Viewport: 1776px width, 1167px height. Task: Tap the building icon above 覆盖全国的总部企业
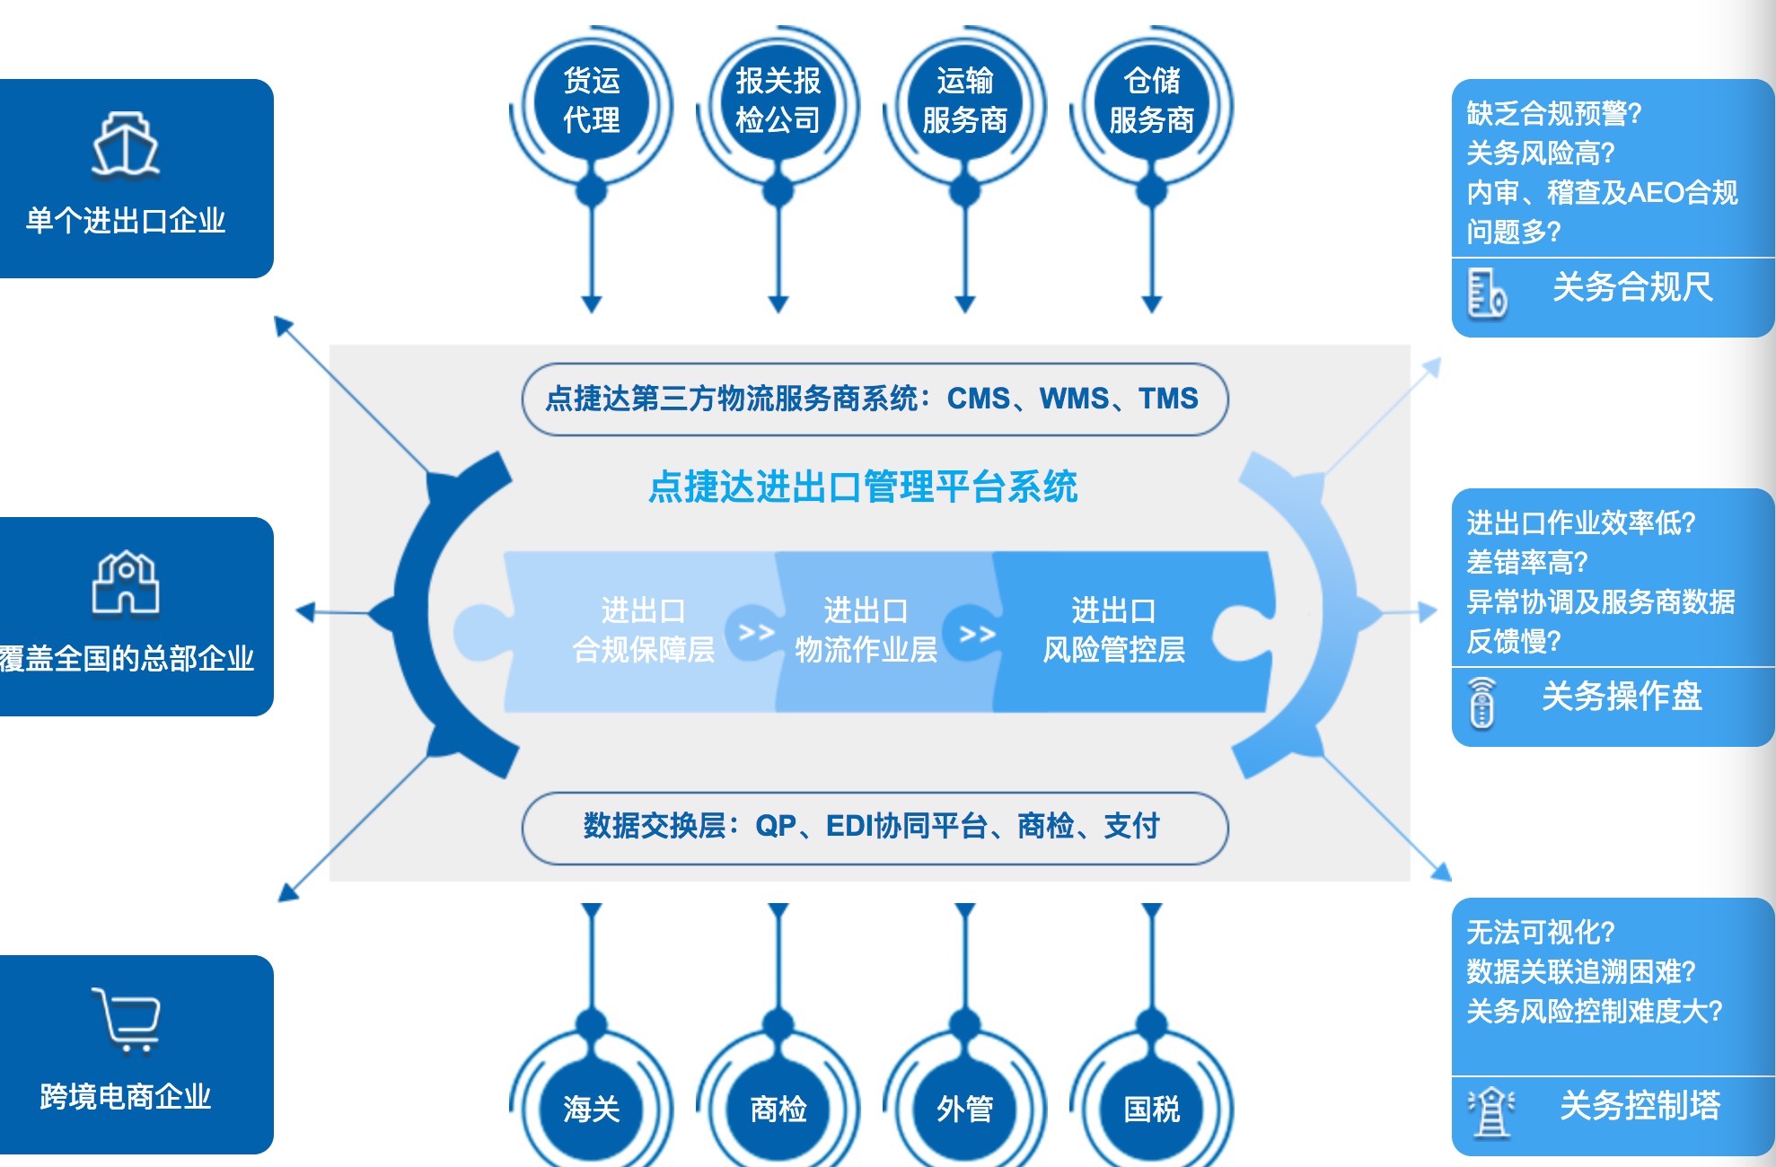click(x=126, y=583)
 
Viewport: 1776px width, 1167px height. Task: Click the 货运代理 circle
click(x=592, y=100)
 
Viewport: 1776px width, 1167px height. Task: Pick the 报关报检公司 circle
click(x=778, y=100)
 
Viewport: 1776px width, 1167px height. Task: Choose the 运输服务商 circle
click(x=965, y=100)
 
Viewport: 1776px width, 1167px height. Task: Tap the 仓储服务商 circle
click(x=1152, y=100)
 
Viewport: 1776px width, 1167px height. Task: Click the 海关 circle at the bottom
click(x=592, y=1109)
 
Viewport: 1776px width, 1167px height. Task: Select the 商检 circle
click(x=778, y=1109)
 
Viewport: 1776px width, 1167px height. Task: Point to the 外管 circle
click(x=965, y=1109)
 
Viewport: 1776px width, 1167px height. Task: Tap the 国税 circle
click(x=1152, y=1109)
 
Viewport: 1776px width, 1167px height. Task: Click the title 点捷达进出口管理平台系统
click(x=863, y=487)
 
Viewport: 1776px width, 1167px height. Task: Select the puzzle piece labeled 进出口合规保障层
click(x=643, y=630)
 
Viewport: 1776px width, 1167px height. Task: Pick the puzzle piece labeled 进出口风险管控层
click(x=1113, y=630)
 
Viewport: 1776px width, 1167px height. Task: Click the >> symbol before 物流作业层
click(x=756, y=633)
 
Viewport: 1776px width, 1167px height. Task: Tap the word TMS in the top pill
click(x=1168, y=398)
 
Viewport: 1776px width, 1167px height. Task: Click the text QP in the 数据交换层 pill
click(x=776, y=825)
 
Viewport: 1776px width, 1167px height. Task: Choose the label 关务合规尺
click(x=1632, y=287)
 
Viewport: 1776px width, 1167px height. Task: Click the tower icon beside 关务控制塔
click(x=1491, y=1111)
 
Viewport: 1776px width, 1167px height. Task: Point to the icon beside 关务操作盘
click(x=1482, y=702)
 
